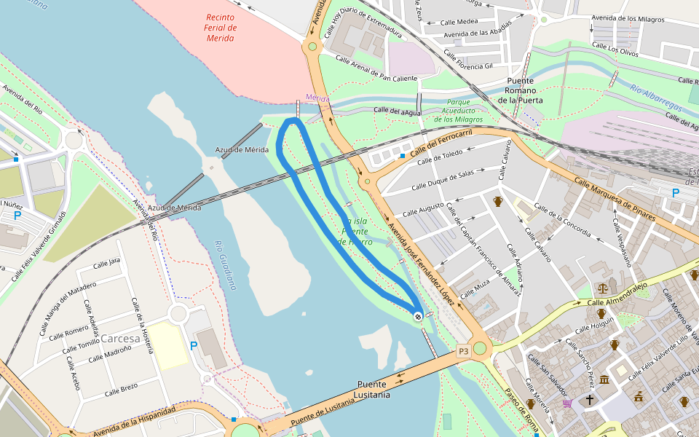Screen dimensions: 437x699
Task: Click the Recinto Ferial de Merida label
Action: pyautogui.click(x=219, y=27)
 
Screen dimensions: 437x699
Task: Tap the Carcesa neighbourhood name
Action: pyautogui.click(x=120, y=339)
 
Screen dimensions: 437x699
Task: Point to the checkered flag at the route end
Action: pyautogui.click(x=418, y=316)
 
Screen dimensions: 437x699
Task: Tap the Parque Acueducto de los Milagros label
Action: pyautogui.click(x=459, y=111)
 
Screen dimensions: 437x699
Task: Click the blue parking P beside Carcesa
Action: pyautogui.click(x=193, y=346)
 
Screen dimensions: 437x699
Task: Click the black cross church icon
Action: pyautogui.click(x=590, y=400)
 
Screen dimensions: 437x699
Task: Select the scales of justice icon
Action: pyautogui.click(x=602, y=288)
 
